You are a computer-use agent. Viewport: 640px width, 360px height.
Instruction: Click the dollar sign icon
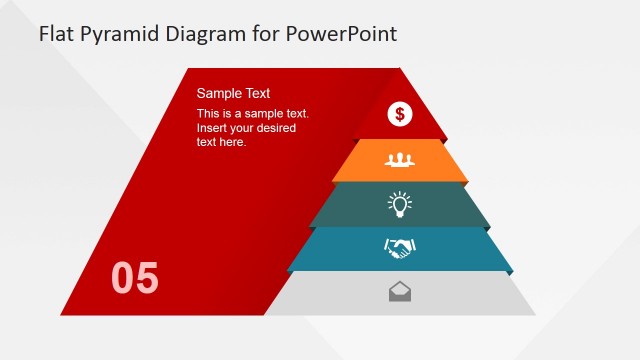400,114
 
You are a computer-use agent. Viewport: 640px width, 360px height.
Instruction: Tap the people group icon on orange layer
400,159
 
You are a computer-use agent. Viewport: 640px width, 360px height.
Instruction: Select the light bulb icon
400,204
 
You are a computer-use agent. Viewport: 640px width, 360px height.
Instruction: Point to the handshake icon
400,248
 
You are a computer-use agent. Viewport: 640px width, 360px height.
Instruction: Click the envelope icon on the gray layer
400,292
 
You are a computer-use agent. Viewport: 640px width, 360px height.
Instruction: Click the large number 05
135,278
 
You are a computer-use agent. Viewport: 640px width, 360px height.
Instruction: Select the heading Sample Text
233,93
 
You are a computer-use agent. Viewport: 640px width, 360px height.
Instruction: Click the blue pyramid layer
460,250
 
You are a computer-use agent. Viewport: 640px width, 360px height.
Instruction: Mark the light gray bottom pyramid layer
470,296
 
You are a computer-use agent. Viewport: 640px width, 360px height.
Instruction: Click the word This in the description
209,114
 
